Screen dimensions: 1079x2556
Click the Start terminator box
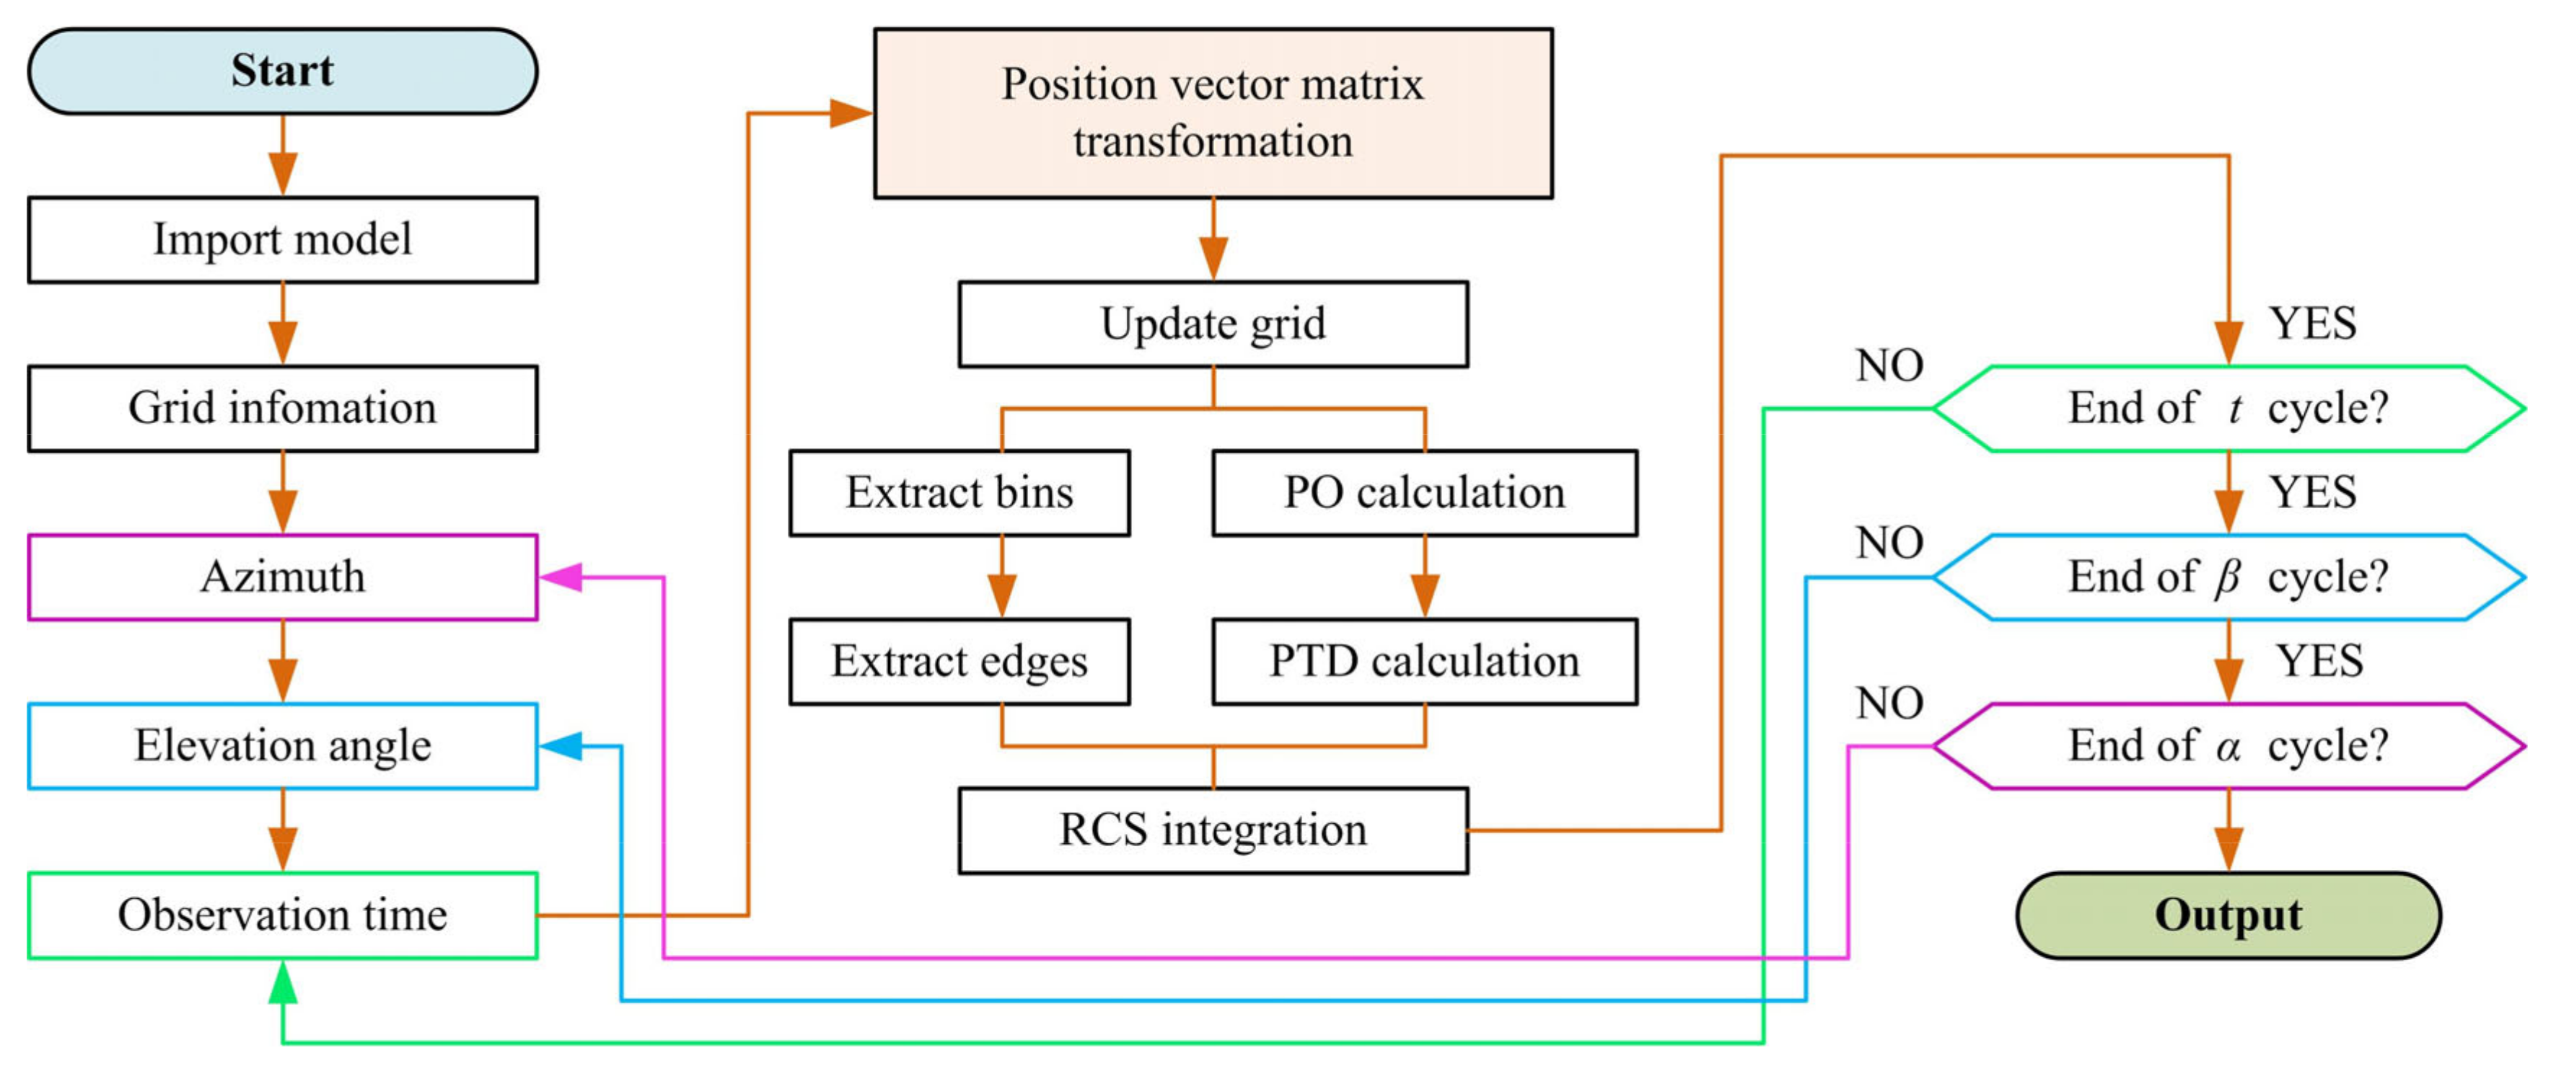click(282, 71)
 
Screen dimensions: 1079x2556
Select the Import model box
click(282, 240)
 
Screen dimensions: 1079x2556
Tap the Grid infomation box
click(282, 409)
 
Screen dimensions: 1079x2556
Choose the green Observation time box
click(282, 915)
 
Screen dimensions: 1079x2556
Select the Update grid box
click(1213, 324)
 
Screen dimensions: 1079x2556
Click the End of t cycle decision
click(2228, 409)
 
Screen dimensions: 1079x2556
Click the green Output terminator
click(2228, 915)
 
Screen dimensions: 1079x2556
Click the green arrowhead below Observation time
click(283, 982)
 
